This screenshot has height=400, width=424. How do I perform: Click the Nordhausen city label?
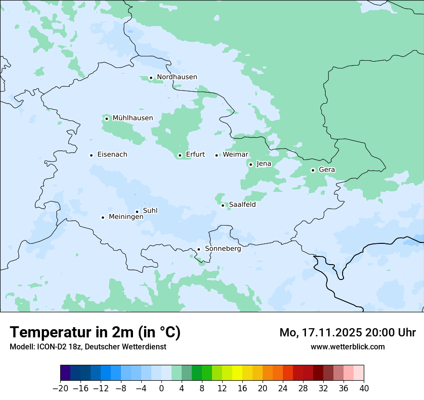[x=177, y=77]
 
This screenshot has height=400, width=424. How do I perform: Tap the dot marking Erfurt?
[x=180, y=155]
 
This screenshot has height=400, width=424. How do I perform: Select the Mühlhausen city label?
[x=132, y=118]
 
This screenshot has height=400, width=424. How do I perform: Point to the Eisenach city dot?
[x=91, y=155]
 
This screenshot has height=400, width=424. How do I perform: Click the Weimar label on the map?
[x=235, y=155]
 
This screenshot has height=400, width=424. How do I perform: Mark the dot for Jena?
[x=251, y=164]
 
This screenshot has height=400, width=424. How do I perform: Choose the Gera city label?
[x=327, y=170]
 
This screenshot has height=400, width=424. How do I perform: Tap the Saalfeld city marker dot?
[x=223, y=205]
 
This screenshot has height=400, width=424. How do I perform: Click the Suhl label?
[x=150, y=211]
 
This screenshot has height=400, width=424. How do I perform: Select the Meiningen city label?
[x=126, y=217]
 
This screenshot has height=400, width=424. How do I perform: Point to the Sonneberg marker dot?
[x=199, y=250]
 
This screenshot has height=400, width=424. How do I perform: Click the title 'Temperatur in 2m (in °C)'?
[x=95, y=333]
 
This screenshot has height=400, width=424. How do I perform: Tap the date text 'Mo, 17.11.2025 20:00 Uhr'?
[x=347, y=333]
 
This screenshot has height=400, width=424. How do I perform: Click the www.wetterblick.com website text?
[x=347, y=347]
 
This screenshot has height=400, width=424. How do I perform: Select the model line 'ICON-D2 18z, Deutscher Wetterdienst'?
[x=88, y=347]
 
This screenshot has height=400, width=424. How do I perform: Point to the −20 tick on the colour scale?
[x=61, y=388]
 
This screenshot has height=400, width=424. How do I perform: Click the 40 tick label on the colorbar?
[x=363, y=388]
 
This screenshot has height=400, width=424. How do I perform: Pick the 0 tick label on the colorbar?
[x=161, y=388]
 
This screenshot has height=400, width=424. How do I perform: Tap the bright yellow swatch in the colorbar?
[x=237, y=373]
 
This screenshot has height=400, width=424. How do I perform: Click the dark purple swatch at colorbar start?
[x=66, y=373]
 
